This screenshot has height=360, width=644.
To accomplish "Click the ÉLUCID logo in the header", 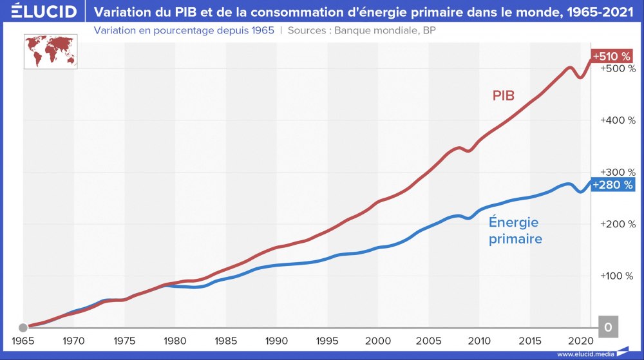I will pos(40,12).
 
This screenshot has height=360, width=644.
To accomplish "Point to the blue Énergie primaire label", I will pos(515,231).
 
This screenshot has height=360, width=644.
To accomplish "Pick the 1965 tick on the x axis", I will pos(23,340).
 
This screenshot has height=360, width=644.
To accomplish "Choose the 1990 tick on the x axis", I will pos(276,340).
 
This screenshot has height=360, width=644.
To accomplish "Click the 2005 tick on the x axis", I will pos(428,340).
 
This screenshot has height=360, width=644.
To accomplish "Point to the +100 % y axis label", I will pos(618,276).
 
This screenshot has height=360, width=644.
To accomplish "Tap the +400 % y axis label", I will pos(618,120).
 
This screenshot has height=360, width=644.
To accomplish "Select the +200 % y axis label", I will pos(618,224).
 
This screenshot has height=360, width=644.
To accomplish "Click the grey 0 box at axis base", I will pos(609,327).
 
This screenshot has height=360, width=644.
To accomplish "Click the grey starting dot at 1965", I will pos(23,327).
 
